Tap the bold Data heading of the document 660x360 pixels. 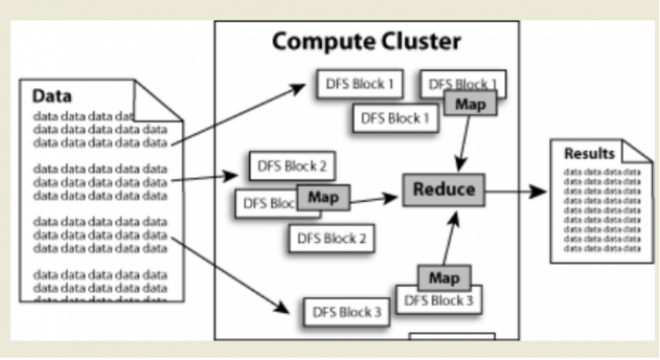pyautogui.click(x=52, y=97)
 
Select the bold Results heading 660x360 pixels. pyautogui.click(x=589, y=154)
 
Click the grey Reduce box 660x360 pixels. pyautogui.click(x=443, y=189)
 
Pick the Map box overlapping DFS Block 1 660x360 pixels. pyautogui.click(x=469, y=104)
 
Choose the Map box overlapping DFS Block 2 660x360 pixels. pyautogui.click(x=323, y=197)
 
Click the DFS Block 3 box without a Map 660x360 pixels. pyautogui.click(x=347, y=312)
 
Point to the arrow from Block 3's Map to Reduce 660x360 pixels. pyautogui.click(x=450, y=238)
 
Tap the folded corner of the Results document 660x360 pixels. pyautogui.click(x=637, y=150)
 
